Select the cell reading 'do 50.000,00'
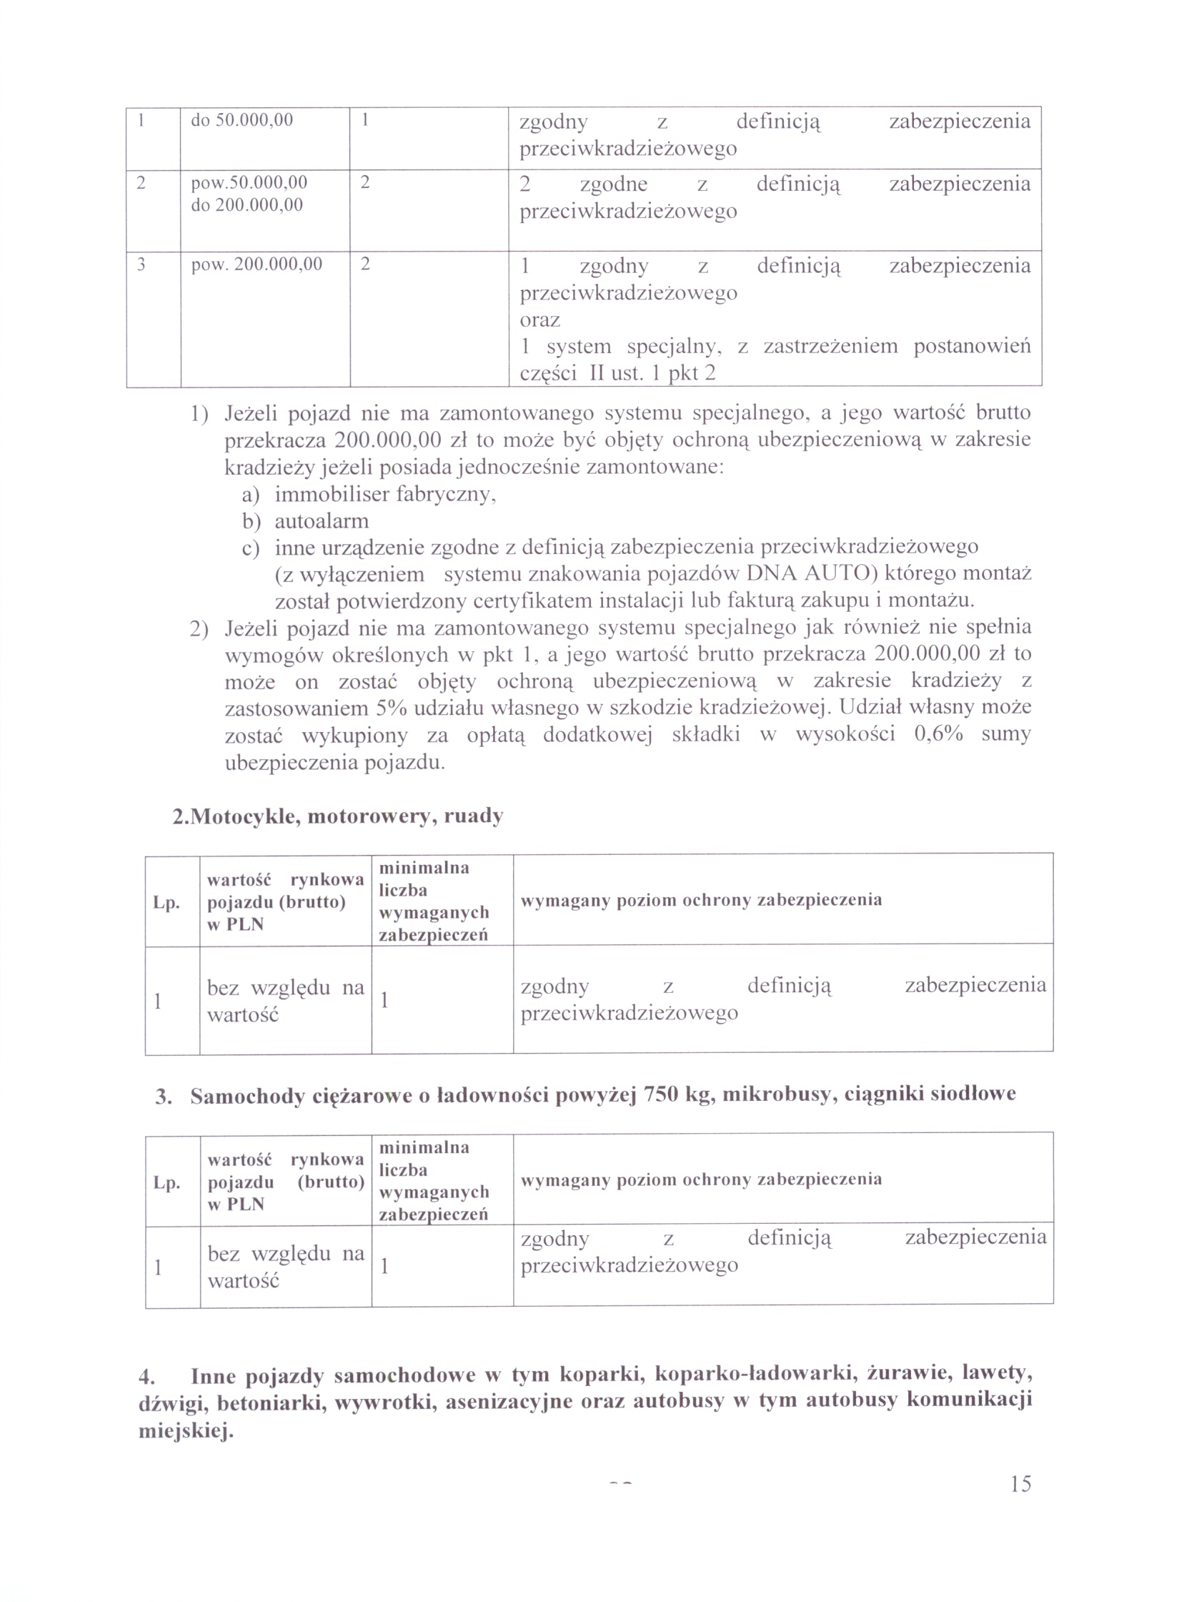(242, 120)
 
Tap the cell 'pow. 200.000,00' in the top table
(257, 264)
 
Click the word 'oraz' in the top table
(539, 320)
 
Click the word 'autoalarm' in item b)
(322, 520)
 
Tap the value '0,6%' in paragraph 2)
(937, 734)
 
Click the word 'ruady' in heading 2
(474, 816)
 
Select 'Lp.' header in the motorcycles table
(166, 903)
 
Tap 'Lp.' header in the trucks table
(166, 1183)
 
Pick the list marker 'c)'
(250, 548)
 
